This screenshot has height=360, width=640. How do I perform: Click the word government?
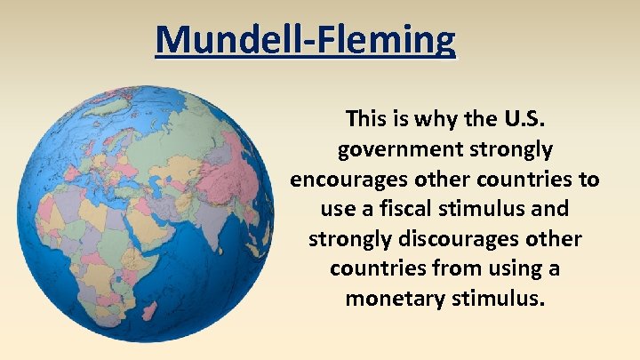(x=394, y=148)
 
